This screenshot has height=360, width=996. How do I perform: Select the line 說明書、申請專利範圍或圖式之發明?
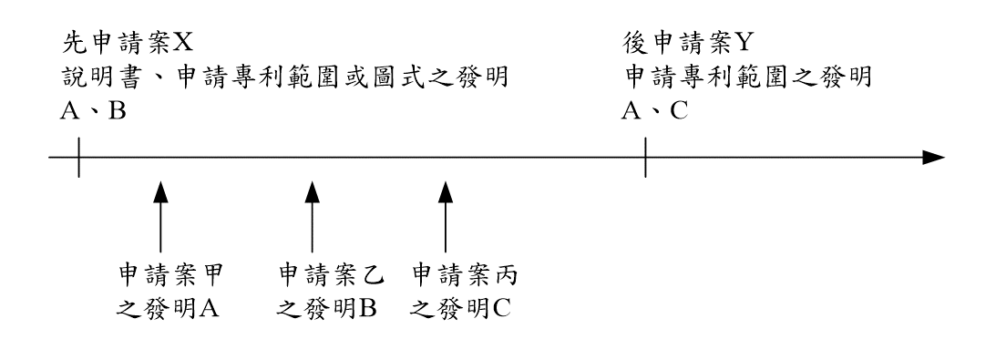tap(283, 77)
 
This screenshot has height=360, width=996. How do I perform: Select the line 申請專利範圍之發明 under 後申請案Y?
tap(747, 77)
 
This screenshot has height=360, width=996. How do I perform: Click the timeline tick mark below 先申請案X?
tap(78, 158)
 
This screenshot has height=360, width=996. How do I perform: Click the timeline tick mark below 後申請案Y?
tap(646, 158)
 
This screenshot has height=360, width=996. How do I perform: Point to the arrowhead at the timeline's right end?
tap(934, 158)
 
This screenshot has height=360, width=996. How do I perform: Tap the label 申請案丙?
tap(465, 274)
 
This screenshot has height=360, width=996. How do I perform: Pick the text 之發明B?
tap(326, 309)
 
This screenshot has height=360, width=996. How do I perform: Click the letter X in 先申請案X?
tap(182, 42)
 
